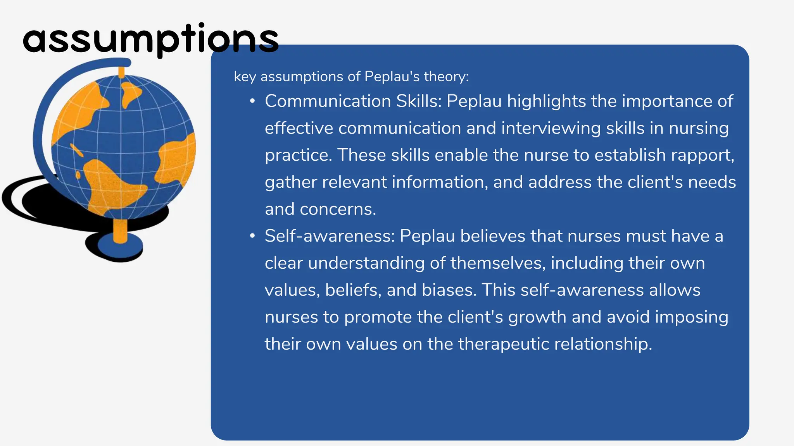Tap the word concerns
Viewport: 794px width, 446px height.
[x=338, y=209]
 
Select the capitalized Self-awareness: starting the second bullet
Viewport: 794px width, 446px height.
[x=330, y=236]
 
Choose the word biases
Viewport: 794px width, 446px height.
[x=449, y=290]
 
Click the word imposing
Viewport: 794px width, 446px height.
[x=692, y=317]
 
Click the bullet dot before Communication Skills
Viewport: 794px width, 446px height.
[x=252, y=102]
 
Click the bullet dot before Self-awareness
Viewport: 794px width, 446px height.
[x=252, y=237]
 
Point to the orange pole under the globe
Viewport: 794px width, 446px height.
[x=120, y=231]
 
